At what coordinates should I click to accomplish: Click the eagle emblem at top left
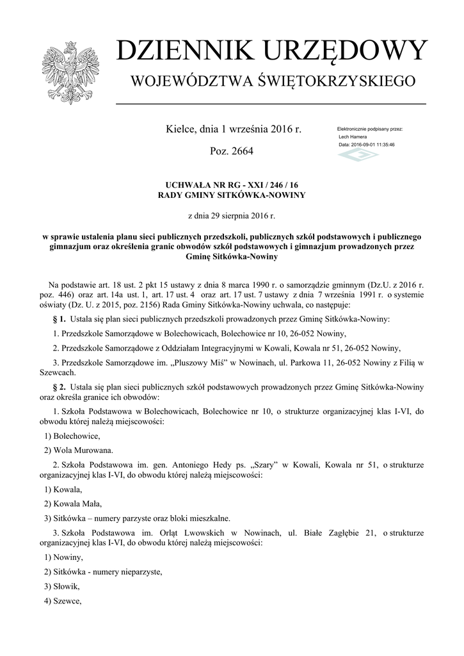point(70,72)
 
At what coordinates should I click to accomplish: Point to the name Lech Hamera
point(353,137)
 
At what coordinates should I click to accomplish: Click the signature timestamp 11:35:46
point(382,145)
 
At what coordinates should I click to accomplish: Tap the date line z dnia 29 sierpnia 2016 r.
point(232,216)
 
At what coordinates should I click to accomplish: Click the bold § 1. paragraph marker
point(58,318)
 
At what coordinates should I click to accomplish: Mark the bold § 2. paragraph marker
point(58,388)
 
